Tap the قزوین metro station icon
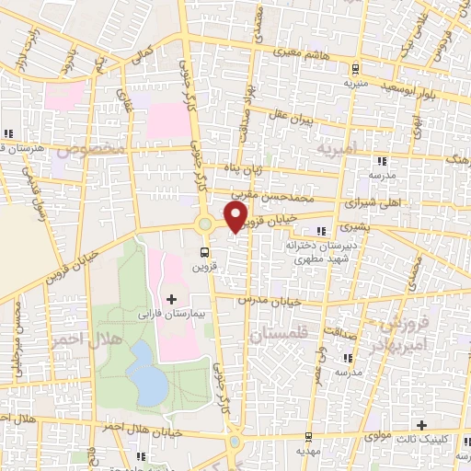(204, 250)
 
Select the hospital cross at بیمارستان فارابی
(170, 299)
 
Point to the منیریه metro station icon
(354, 68)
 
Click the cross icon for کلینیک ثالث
(421, 425)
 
